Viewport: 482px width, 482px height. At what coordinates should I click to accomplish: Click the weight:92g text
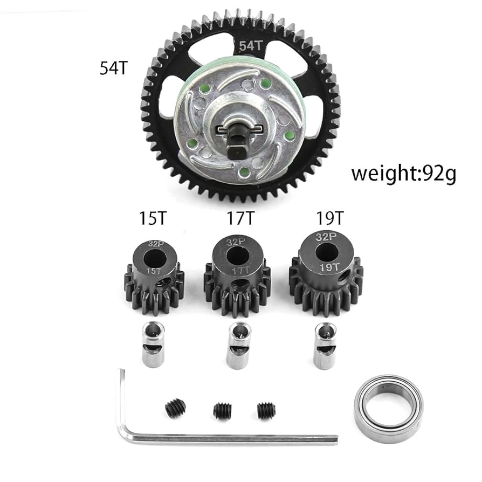coord(403,174)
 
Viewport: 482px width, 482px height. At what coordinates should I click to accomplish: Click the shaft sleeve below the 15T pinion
coord(153,345)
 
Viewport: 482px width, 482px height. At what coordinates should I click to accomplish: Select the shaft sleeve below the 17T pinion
coord(238,345)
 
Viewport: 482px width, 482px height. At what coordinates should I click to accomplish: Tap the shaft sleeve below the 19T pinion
coord(325,345)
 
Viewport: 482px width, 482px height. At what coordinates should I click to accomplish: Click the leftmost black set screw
coord(175,407)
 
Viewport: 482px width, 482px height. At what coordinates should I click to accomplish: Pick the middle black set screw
coord(223,411)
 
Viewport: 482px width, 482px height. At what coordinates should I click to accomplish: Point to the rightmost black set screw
coord(266,411)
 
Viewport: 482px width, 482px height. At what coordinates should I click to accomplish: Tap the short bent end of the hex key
coord(122,399)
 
